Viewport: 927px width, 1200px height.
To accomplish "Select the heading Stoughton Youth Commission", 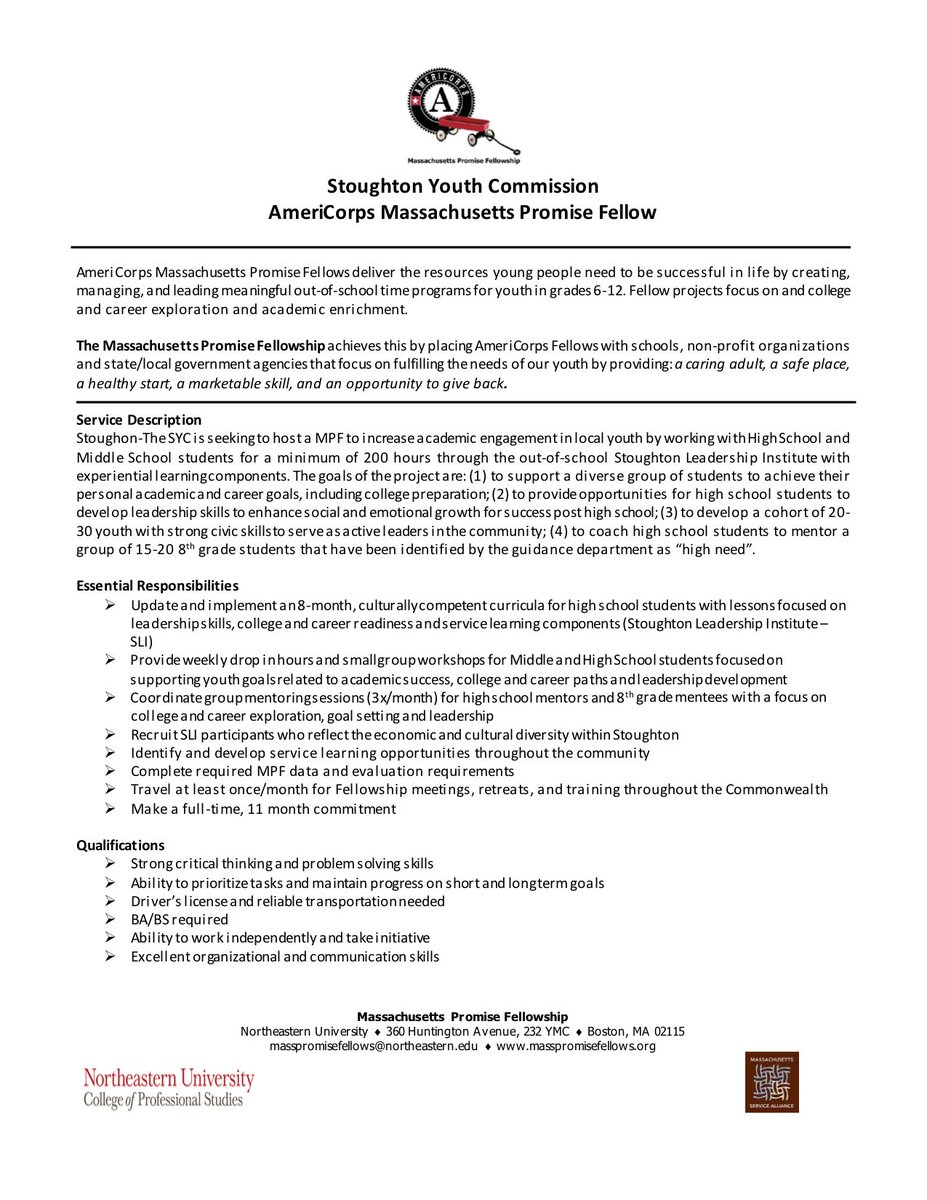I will click(x=463, y=186).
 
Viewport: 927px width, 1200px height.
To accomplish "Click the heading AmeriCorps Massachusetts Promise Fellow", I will click(x=463, y=212).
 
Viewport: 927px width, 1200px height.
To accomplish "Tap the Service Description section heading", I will click(x=139, y=419).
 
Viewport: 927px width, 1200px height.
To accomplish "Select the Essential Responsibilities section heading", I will click(x=158, y=585).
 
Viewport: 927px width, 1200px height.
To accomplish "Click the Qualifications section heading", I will click(x=121, y=845).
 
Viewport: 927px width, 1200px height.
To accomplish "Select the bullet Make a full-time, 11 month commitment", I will click(x=263, y=808).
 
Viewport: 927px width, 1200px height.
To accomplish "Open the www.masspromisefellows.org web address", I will click(x=576, y=1046).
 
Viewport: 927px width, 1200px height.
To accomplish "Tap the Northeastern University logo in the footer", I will click(x=168, y=1088).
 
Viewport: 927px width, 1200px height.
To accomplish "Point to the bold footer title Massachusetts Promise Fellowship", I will click(x=463, y=1016).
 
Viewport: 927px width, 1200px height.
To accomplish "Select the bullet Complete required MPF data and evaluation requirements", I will click(x=323, y=771).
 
